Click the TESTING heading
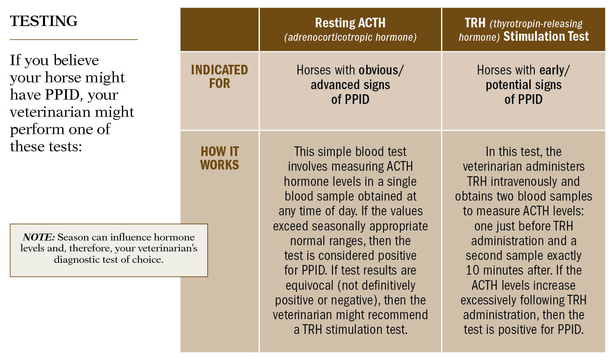44,21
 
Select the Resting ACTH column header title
350,23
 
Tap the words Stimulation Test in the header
546,37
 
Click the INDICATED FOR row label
219,77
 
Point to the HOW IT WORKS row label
219,158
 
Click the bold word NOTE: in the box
39,237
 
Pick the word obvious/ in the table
381,70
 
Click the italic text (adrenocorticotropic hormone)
350,37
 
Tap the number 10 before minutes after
473,270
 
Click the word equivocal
309,285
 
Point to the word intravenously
523,181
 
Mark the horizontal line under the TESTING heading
74,40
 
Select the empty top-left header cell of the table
219,29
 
